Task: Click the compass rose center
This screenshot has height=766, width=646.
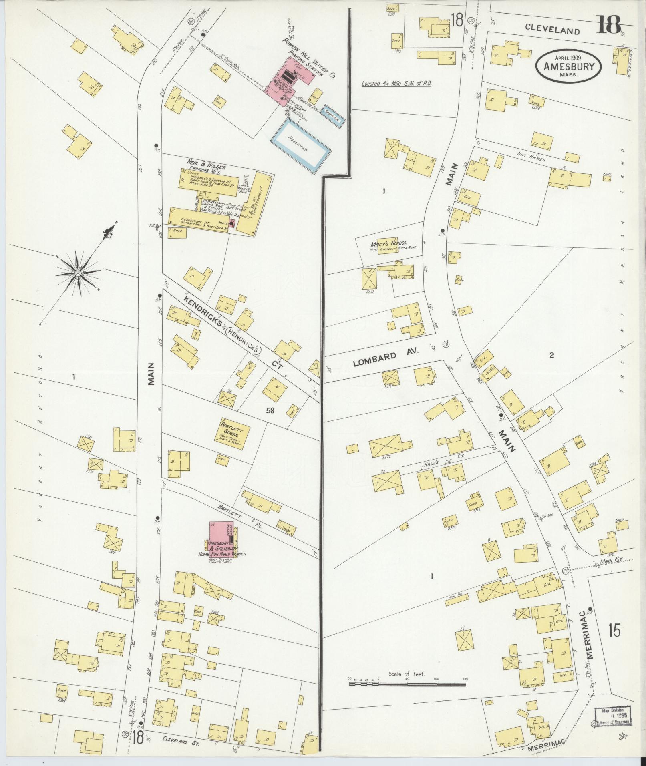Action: (x=77, y=273)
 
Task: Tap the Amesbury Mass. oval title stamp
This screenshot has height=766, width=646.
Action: (x=568, y=67)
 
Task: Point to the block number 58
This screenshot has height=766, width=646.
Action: (x=270, y=410)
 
